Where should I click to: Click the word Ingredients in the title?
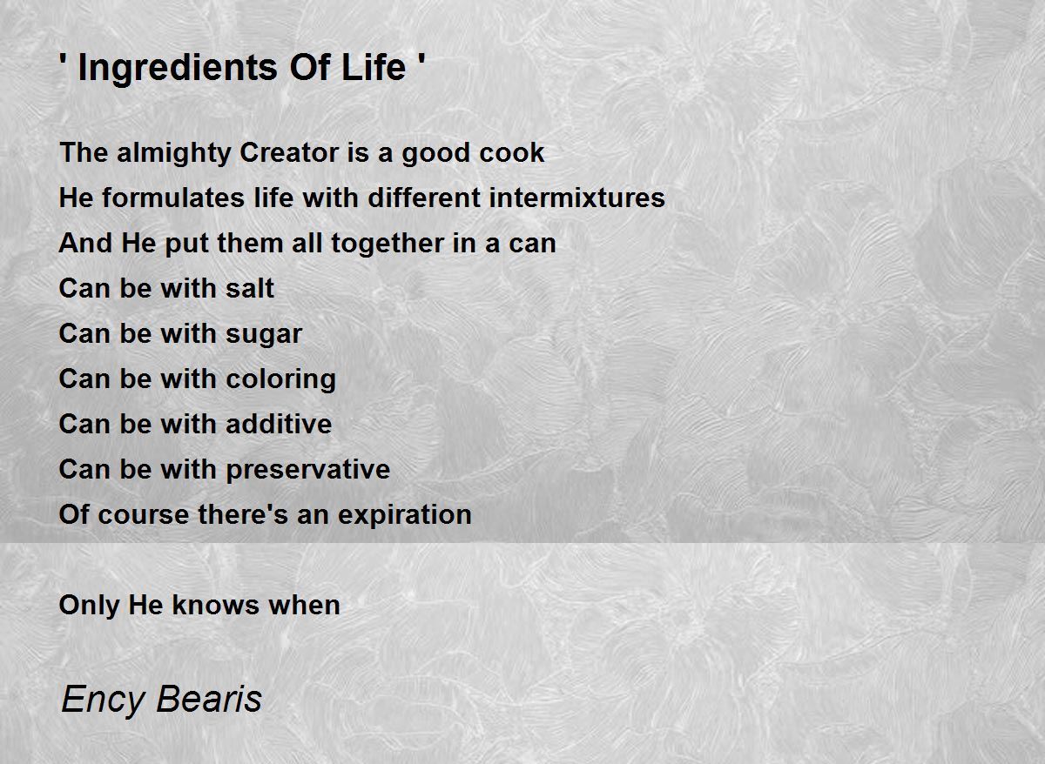pyautogui.click(x=178, y=69)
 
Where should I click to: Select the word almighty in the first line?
pyautogui.click(x=174, y=153)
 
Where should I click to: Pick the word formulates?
pyautogui.click(x=173, y=198)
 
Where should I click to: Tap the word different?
pyautogui.click(x=424, y=198)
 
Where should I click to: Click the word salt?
pyautogui.click(x=250, y=288)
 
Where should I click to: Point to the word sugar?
pyautogui.click(x=264, y=335)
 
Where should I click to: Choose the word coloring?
pyautogui.click(x=280, y=380)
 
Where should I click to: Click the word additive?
pyautogui.click(x=279, y=424)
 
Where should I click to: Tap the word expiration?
pyautogui.click(x=404, y=515)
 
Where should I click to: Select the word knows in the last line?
pyautogui.click(x=216, y=605)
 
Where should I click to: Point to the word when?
pyautogui.click(x=304, y=605)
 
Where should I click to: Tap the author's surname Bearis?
pyautogui.click(x=209, y=698)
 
